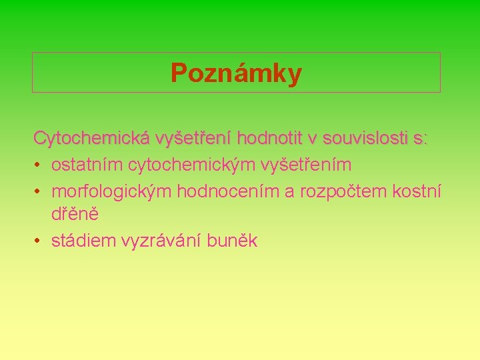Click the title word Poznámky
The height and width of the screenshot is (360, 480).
pyautogui.click(x=236, y=73)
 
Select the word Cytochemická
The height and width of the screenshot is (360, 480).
pyautogui.click(x=92, y=139)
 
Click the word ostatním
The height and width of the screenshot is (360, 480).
pyautogui.click(x=87, y=164)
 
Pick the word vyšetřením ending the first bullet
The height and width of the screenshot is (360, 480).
pyautogui.click(x=305, y=164)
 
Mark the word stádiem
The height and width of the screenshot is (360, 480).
pyautogui.click(x=83, y=241)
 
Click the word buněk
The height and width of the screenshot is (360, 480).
pyautogui.click(x=231, y=241)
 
